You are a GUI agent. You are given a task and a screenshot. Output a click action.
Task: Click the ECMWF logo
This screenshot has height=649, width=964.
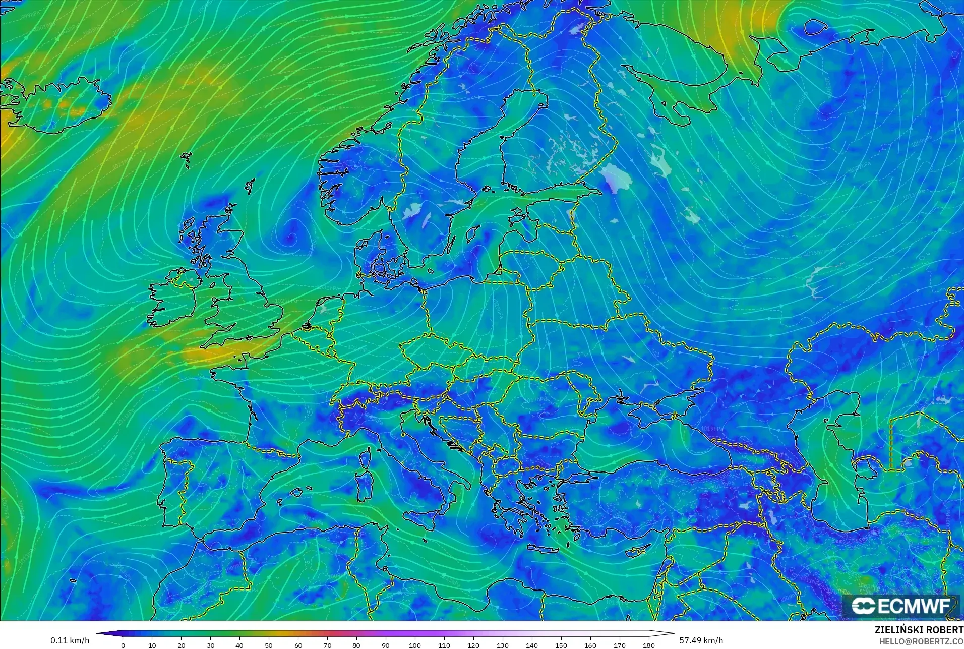click(x=900, y=606)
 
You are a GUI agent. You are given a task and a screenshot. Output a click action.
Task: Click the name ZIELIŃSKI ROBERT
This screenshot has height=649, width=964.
click(x=919, y=630)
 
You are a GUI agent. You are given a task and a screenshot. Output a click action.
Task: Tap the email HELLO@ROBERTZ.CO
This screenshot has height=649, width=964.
click(x=921, y=641)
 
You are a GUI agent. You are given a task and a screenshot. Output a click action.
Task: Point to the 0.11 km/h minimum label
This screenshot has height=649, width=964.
click(x=70, y=640)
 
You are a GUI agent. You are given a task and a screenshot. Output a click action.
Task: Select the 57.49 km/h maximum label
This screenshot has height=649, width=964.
click(x=701, y=640)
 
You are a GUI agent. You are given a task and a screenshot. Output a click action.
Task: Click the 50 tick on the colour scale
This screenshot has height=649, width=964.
click(x=269, y=645)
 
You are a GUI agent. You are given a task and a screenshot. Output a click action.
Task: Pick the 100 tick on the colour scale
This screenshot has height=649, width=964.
click(x=414, y=645)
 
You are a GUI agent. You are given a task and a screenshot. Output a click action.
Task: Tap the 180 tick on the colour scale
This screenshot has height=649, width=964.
click(x=648, y=645)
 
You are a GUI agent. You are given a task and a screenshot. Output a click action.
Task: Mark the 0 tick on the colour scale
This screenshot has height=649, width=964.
click(x=123, y=645)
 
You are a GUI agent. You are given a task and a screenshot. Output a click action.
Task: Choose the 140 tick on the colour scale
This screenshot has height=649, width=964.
click(x=531, y=645)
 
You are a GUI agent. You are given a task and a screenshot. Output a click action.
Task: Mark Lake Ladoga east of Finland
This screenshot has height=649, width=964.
click(x=616, y=178)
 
